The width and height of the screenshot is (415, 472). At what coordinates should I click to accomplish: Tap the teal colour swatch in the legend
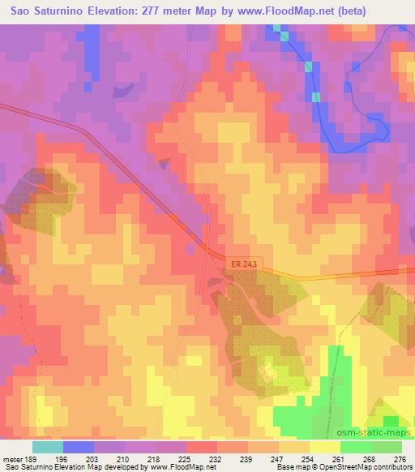[x=47, y=447]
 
